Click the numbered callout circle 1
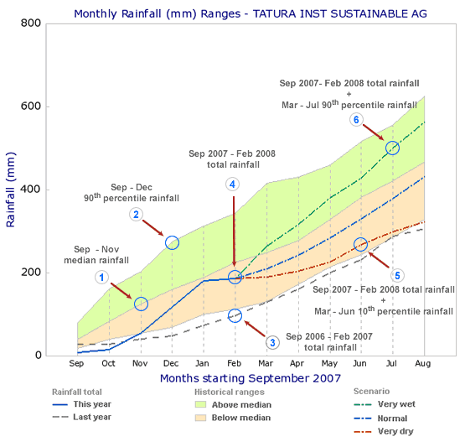tap(101, 277)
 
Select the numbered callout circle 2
tap(136, 215)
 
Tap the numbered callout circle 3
tap(271, 342)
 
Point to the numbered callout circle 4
tap(232, 184)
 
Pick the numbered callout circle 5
tap(397, 275)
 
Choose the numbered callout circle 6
tap(356, 120)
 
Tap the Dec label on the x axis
tap(172, 364)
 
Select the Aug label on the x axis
tap(424, 364)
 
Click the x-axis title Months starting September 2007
tap(251, 378)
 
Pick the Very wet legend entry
tap(395, 403)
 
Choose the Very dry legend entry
tap(395, 432)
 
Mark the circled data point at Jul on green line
tap(392, 148)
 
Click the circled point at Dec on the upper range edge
tap(172, 242)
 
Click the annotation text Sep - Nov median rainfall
tap(102, 255)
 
